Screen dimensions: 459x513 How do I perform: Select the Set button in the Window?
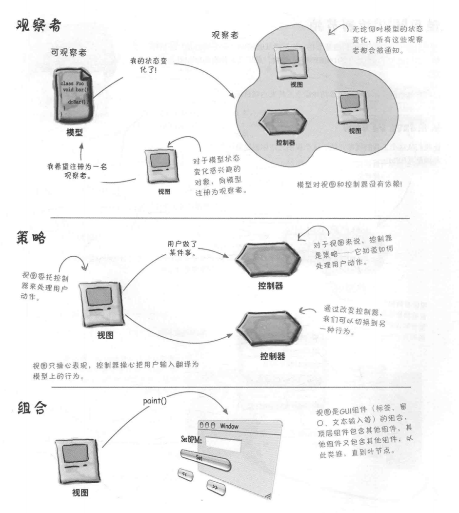point(199,457)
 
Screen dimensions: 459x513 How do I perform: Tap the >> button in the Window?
point(216,487)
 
